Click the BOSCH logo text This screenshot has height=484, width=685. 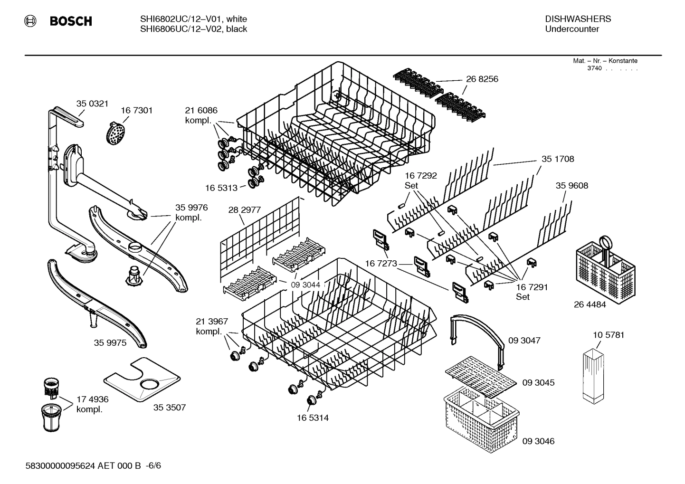(70, 21)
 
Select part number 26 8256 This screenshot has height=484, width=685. (482, 79)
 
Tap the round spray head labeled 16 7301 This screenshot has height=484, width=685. (116, 133)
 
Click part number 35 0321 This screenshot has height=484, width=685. (92, 104)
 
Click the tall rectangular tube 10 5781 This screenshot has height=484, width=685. (595, 375)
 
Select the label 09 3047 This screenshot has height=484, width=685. (524, 341)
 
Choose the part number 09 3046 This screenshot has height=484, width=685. (538, 441)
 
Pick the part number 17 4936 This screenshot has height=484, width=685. (92, 399)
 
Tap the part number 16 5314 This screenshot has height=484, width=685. (313, 418)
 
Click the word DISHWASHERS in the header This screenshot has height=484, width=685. (578, 19)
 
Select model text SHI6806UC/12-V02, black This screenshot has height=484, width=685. (193, 29)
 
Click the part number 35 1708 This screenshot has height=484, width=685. (558, 159)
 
